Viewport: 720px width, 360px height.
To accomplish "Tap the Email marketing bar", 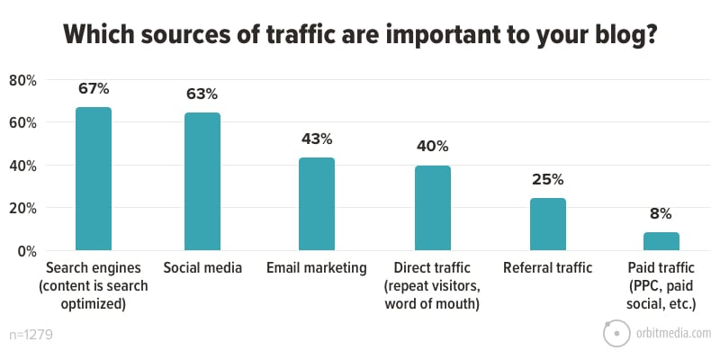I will [x=317, y=203].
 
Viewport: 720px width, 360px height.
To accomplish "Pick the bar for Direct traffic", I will [x=433, y=208].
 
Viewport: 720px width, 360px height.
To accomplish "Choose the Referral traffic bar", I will [x=548, y=224].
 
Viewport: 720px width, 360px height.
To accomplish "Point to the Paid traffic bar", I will [x=661, y=241].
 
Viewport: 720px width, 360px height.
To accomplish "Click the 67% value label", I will [x=94, y=88].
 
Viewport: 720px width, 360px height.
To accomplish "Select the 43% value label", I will [x=317, y=139].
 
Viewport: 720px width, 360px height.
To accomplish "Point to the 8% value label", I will [x=661, y=214].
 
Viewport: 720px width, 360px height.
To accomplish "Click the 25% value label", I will [x=548, y=179].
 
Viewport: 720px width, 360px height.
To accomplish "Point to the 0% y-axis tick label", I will [x=24, y=251].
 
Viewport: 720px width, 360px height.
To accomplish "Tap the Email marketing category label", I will [x=317, y=268].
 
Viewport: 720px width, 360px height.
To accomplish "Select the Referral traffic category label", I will [x=548, y=268].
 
